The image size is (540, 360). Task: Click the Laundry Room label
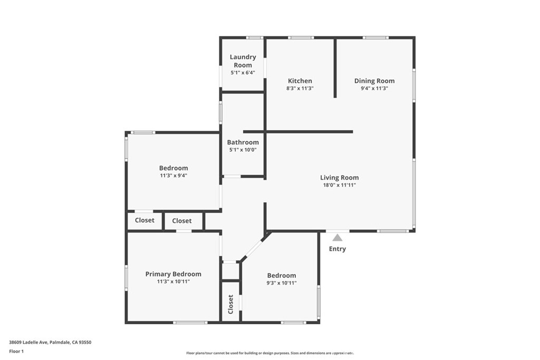tap(243, 61)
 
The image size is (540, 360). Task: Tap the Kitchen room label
tap(300, 81)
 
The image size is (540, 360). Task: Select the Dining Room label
tap(374, 81)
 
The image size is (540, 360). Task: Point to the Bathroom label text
tap(243, 142)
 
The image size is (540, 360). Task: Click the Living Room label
tap(339, 178)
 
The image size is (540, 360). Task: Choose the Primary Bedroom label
tap(173, 274)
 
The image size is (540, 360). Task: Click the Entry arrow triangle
tap(337, 238)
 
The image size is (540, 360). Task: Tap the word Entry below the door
tap(337, 249)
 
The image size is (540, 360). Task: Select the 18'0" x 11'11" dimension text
tap(339, 186)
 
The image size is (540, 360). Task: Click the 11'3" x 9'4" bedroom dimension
tap(173, 176)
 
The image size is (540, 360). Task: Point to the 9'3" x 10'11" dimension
tap(282, 283)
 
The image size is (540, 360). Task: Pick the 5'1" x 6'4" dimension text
tap(243, 73)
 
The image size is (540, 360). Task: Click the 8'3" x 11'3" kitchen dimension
tap(300, 89)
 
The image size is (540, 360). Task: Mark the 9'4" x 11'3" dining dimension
tap(374, 89)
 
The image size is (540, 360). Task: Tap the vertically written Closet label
tap(230, 304)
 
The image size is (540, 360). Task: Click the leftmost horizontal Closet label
tap(144, 220)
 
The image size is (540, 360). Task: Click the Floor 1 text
tap(17, 351)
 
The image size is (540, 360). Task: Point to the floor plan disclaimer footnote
tap(269, 353)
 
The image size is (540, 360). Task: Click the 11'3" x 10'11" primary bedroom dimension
tap(173, 282)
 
